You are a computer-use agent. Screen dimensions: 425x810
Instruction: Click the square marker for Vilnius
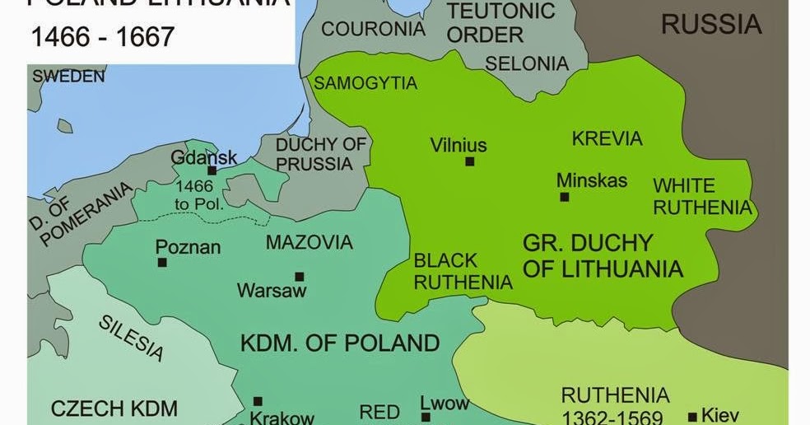click(470, 162)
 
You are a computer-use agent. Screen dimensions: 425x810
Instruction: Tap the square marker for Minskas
click(564, 197)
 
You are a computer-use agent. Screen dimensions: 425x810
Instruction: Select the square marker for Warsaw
click(299, 277)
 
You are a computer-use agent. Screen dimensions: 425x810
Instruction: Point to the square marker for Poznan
click(162, 263)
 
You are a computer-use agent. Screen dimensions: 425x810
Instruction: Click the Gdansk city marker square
click(212, 170)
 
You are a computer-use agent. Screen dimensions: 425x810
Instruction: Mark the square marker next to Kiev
click(693, 416)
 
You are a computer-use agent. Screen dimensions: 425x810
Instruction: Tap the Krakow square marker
click(258, 401)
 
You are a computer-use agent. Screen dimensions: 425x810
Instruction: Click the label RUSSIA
click(711, 25)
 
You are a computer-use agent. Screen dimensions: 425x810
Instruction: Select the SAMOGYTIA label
click(365, 83)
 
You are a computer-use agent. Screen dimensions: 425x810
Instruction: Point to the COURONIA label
click(373, 29)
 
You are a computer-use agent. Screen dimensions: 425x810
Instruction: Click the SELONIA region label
click(527, 63)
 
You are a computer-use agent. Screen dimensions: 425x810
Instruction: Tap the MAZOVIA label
click(309, 242)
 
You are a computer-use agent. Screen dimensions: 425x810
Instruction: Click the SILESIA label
click(131, 337)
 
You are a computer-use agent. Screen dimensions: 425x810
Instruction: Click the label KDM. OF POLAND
click(340, 343)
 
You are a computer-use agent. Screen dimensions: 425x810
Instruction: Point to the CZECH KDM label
click(114, 408)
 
